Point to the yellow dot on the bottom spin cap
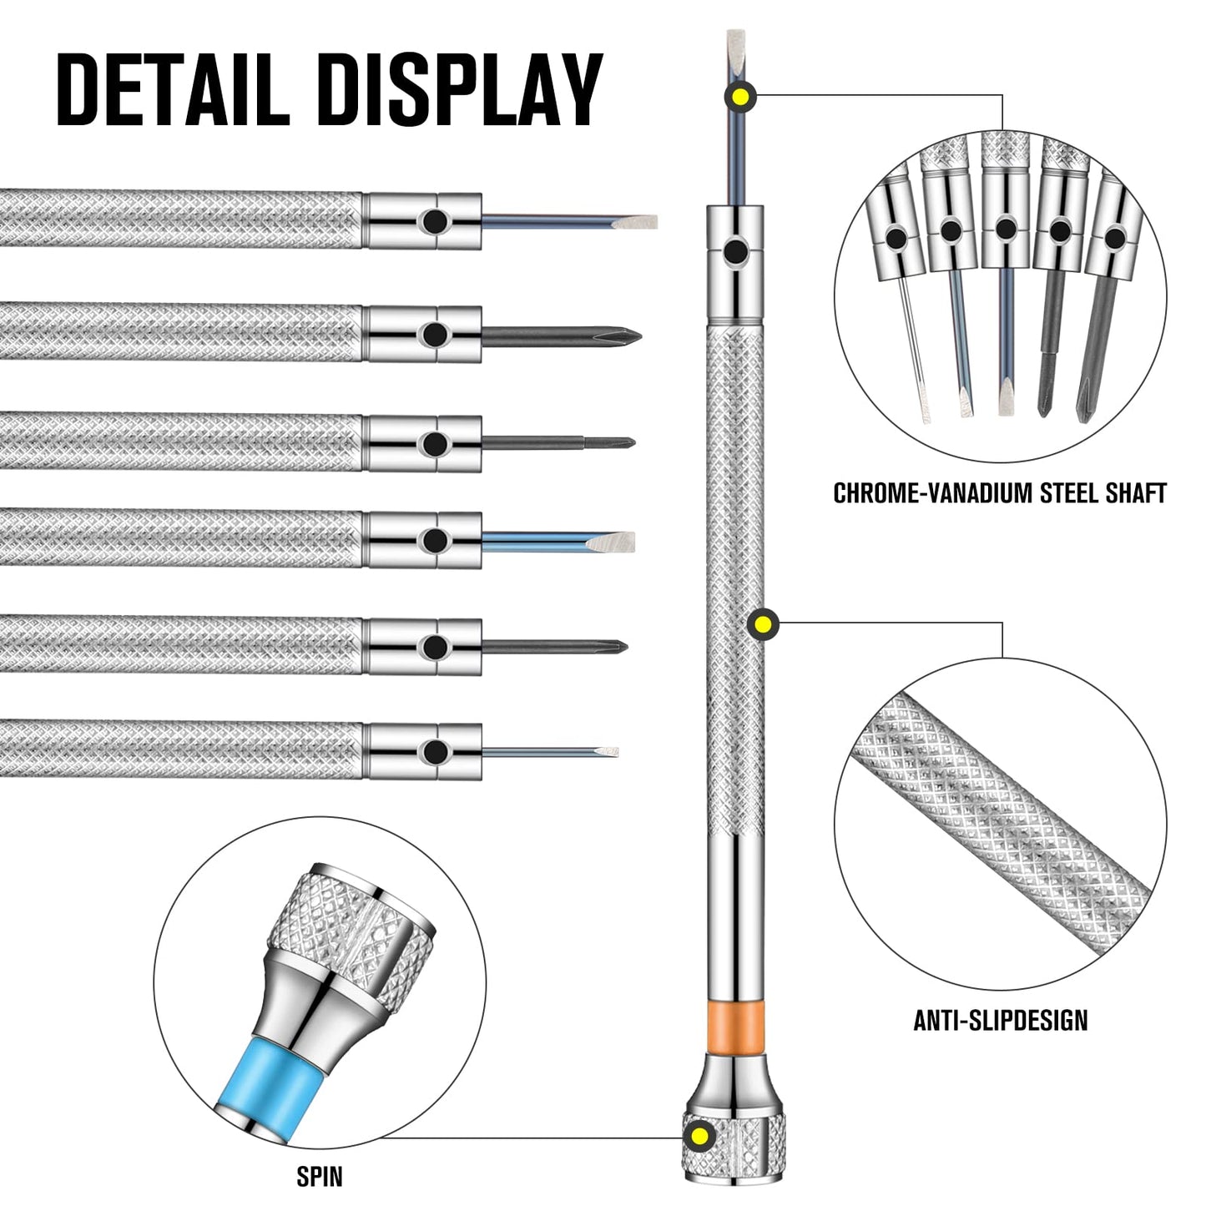coord(699,1135)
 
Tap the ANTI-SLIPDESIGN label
coord(1001,1020)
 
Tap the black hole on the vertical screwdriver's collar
coord(735,251)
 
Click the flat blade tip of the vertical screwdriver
coord(735,43)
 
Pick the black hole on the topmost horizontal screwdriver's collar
coord(433,221)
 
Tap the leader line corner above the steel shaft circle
coord(1002,95)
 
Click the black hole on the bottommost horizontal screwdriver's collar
coord(433,752)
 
